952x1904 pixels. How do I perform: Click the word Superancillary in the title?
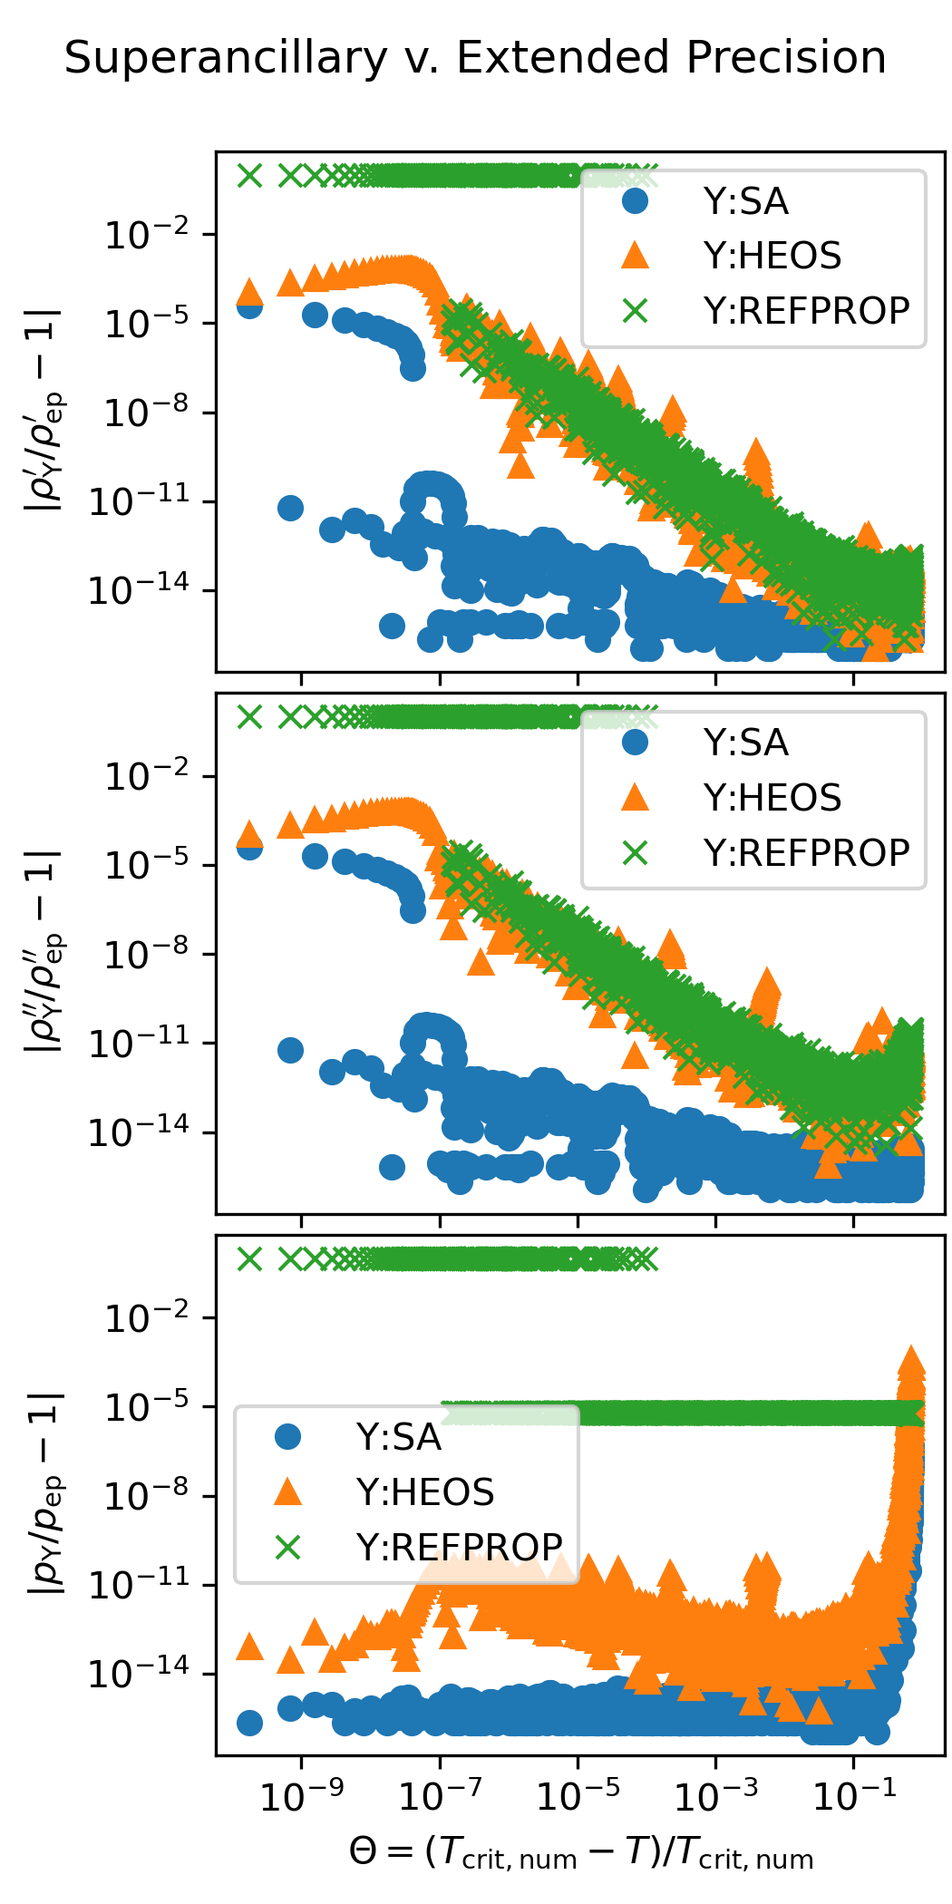point(226,58)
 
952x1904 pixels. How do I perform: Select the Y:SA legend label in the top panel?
point(745,201)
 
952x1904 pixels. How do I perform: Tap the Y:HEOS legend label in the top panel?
point(772,256)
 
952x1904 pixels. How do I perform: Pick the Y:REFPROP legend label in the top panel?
point(806,311)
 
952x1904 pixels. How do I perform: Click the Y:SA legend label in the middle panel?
point(745,743)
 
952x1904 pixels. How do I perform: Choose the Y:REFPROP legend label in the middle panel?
point(806,852)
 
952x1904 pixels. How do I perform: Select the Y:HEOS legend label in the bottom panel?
point(424,1491)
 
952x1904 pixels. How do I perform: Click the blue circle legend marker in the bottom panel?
point(288,1436)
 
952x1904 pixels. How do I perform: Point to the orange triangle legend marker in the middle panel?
point(636,797)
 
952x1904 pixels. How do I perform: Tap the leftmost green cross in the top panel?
point(249,175)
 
